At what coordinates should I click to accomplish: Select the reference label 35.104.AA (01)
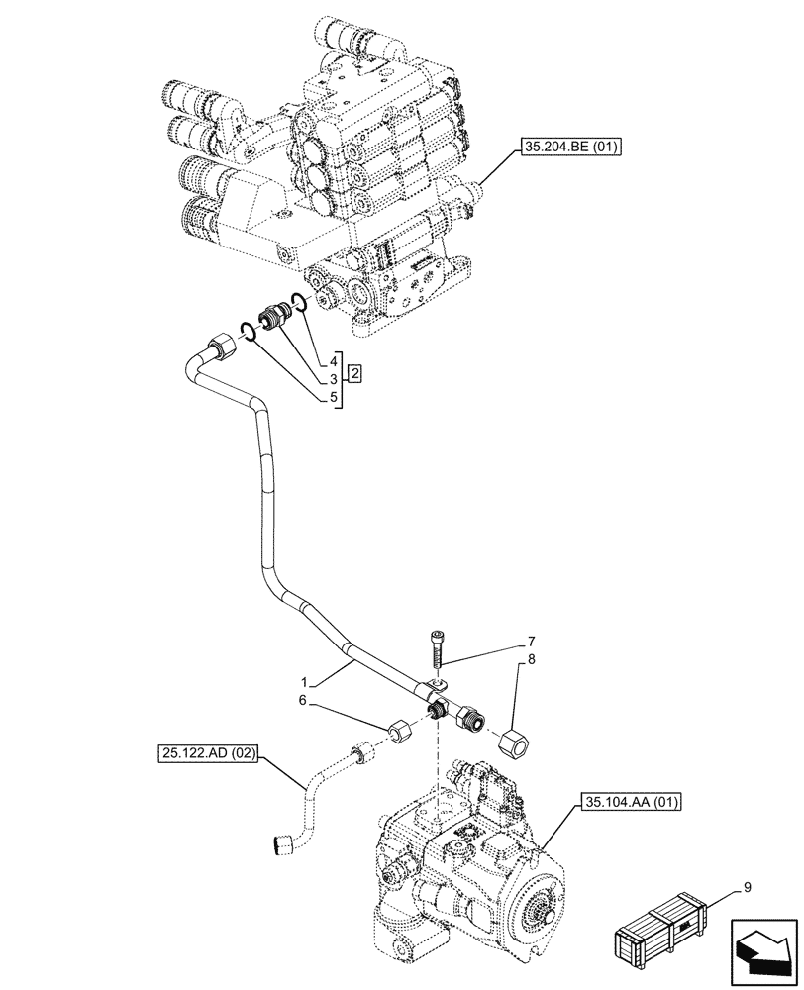point(630,802)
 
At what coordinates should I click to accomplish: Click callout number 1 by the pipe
point(308,682)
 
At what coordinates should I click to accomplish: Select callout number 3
point(335,379)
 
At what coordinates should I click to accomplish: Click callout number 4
point(335,362)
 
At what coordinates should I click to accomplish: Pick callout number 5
point(335,397)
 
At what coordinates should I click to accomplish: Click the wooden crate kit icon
point(658,927)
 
